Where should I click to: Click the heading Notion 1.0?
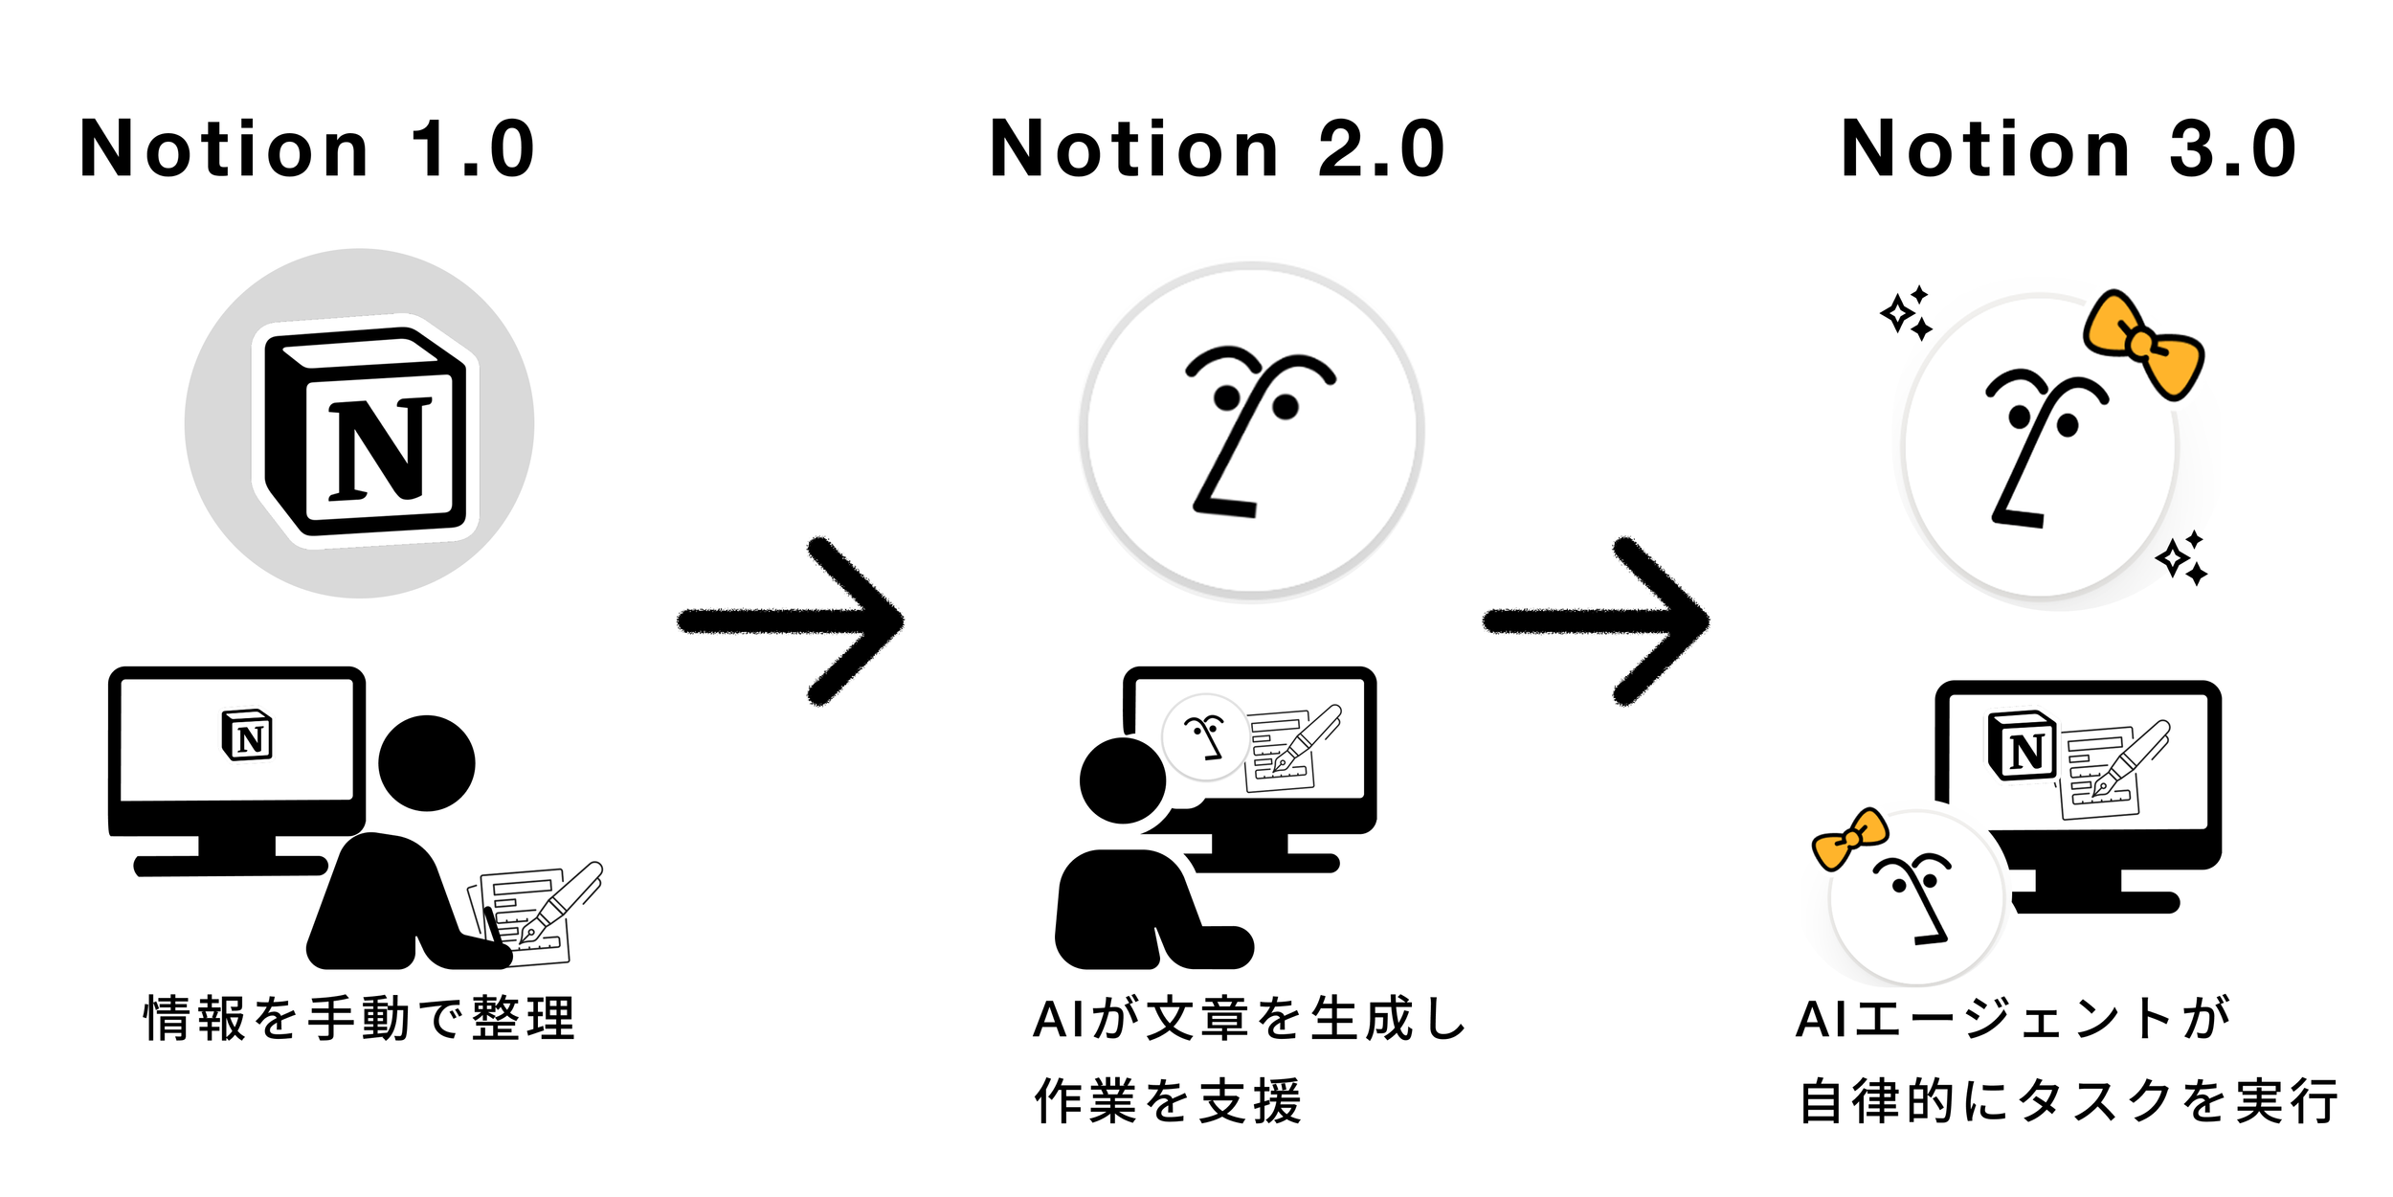(x=306, y=149)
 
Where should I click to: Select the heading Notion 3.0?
(x=2068, y=149)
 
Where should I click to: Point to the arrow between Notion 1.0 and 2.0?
(x=790, y=621)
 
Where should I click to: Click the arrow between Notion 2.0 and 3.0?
(x=1596, y=621)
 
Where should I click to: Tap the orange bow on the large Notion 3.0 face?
(x=2144, y=344)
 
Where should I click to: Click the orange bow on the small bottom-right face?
(x=1849, y=839)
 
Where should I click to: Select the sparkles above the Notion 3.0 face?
(x=1907, y=312)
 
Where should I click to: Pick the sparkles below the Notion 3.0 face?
(x=2182, y=558)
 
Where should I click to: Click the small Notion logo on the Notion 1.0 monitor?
(x=247, y=735)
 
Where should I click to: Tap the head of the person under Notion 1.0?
(x=427, y=763)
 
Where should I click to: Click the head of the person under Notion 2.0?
(x=1122, y=780)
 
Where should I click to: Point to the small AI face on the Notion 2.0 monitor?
(x=1205, y=737)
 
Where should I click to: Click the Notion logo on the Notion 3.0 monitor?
(x=2021, y=746)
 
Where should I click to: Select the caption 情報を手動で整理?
(x=359, y=1018)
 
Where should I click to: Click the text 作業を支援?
(x=1168, y=1101)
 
